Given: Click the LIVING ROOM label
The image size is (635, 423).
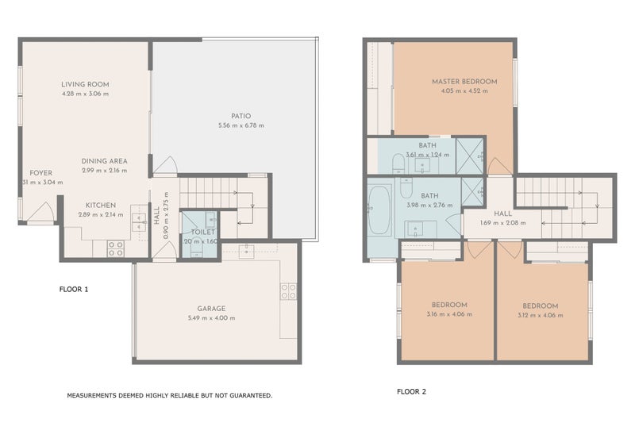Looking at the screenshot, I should [x=85, y=84].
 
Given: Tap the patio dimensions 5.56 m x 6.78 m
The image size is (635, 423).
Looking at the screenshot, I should [x=241, y=125].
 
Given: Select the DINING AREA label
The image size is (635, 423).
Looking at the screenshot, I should [x=104, y=161].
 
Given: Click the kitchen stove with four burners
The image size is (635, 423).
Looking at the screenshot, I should [x=116, y=247].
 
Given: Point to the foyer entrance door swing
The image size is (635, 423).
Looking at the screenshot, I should [x=41, y=213].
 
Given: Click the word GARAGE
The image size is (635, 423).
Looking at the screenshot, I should [x=212, y=308].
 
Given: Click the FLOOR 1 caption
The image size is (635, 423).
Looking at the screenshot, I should [x=74, y=289].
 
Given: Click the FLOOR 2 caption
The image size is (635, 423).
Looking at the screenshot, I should [x=411, y=391].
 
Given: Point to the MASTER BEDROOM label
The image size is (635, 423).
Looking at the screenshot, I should [x=464, y=82].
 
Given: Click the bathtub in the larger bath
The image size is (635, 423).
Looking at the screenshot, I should [x=379, y=210].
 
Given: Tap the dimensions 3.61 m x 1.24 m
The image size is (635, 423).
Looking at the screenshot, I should [x=428, y=155].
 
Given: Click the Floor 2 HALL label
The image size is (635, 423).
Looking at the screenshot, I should [x=502, y=213].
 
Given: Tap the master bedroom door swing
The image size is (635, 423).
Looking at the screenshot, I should [x=500, y=166].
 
